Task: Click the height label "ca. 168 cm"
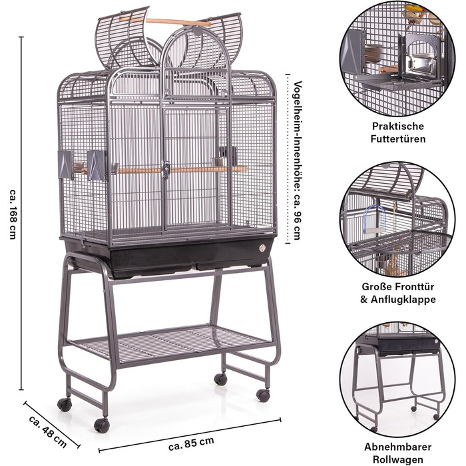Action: (13, 214)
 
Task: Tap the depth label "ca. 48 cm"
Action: (48, 431)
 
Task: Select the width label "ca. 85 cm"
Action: (191, 443)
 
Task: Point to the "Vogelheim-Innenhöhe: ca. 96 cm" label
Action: (297, 160)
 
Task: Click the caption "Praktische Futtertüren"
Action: (398, 132)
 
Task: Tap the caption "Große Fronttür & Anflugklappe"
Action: (398, 293)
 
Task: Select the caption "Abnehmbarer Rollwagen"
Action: (398, 453)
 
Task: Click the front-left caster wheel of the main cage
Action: (102, 425)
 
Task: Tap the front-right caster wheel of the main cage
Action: (263, 395)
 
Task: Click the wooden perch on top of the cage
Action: (165, 21)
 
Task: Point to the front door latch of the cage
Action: (166, 169)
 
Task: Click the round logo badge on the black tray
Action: (262, 248)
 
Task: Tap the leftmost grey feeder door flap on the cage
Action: (66, 165)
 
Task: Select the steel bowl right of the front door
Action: (219, 162)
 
